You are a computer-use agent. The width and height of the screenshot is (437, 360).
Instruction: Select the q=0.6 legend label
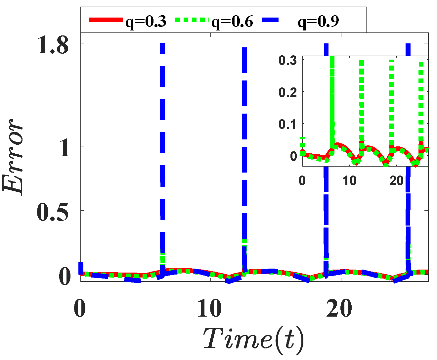(x=232, y=22)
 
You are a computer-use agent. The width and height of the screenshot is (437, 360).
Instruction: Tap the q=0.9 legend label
(x=318, y=22)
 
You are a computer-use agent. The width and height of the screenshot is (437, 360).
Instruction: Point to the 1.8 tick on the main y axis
(x=53, y=45)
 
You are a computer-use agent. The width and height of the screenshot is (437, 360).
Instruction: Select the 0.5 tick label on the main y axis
(x=53, y=211)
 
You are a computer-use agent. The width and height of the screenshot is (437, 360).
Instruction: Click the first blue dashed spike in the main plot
(x=162, y=149)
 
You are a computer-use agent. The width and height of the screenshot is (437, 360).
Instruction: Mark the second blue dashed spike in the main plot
(x=244, y=149)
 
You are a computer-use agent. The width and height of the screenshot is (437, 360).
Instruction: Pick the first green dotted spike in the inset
(x=332, y=99)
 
